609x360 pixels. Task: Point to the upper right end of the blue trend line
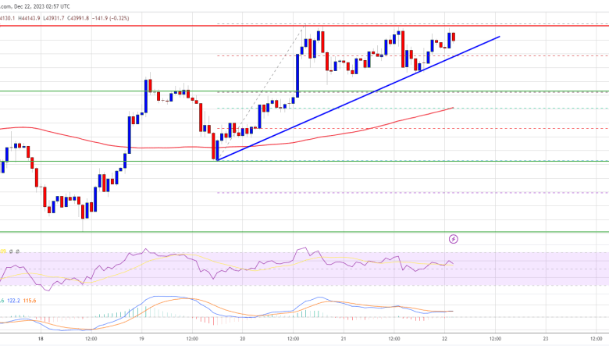498,36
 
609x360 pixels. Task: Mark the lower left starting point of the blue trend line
218,160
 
